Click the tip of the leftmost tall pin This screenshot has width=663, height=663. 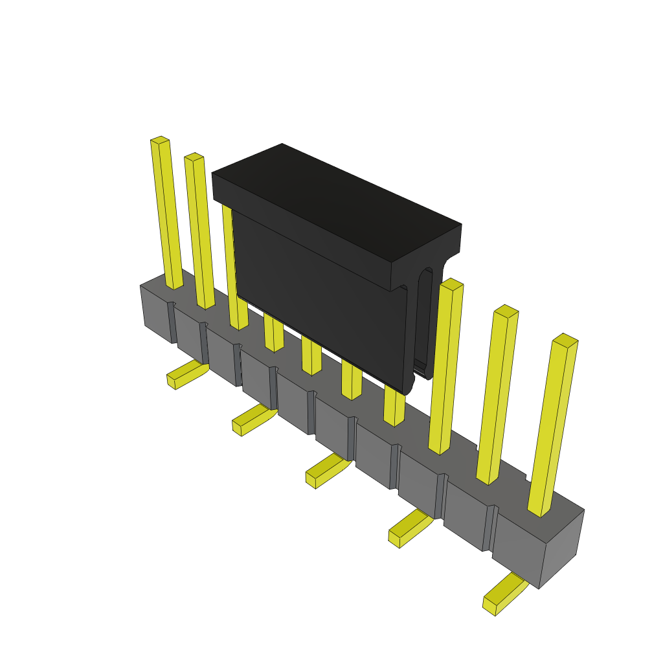(x=160, y=140)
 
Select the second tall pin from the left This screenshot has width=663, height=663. (x=200, y=233)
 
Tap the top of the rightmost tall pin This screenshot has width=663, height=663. (x=565, y=341)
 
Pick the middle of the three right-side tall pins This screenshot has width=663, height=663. (x=497, y=395)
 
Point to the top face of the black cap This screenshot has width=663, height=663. (x=337, y=201)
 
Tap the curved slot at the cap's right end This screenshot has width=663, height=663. (x=424, y=317)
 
